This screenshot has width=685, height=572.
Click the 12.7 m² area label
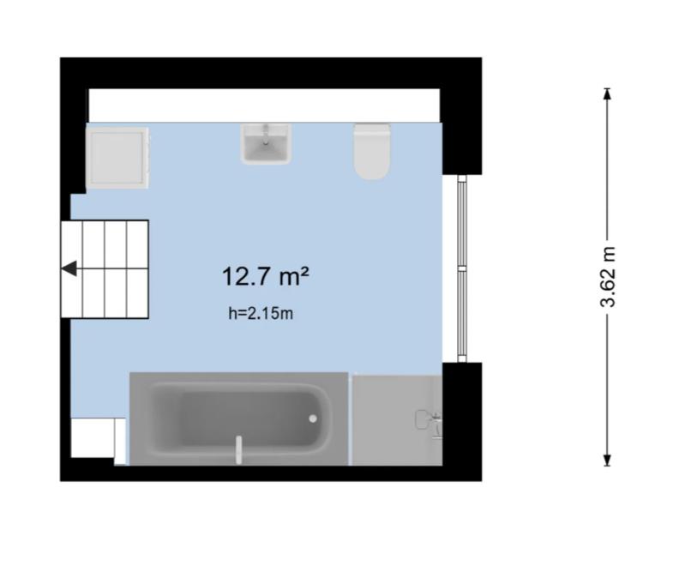coord(266,277)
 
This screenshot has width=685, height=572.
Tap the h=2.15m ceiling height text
coord(261,313)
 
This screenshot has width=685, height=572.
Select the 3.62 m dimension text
coord(608,277)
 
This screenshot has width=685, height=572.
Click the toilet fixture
coord(372,151)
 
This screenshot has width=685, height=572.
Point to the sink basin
coord(266,144)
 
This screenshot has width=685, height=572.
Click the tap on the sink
coord(265,134)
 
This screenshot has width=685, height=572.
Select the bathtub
coord(239,418)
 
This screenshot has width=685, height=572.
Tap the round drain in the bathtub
coord(313,418)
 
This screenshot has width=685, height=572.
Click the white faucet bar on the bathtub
coord(238,449)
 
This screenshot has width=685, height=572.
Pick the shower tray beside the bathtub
coord(397,420)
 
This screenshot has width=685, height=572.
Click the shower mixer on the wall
coord(429,420)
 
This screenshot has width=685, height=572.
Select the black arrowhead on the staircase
coord(69,268)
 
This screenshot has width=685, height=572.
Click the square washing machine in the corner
coord(117,158)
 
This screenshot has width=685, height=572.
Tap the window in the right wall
coord(462,268)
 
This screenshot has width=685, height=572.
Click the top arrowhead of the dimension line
coord(607,94)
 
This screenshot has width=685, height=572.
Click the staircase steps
coord(105,269)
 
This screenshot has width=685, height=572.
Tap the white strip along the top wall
coord(264,105)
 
